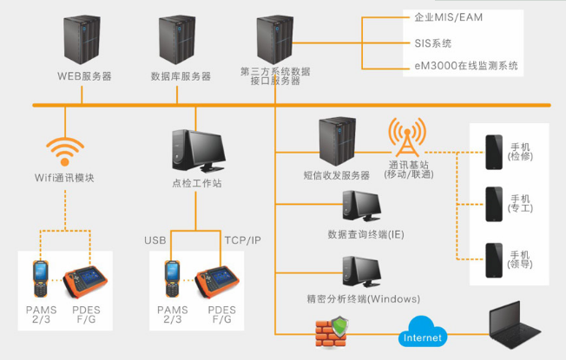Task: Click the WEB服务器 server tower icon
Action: coord(85,40)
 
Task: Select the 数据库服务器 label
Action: coord(181,76)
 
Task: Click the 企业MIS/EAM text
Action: coord(448,16)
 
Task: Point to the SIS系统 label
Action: coord(433,42)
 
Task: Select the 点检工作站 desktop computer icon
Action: coord(193,151)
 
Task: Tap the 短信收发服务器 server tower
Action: coord(337,143)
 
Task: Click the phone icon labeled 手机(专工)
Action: coord(494,204)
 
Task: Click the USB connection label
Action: coord(155,239)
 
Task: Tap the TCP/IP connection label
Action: coord(242,239)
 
